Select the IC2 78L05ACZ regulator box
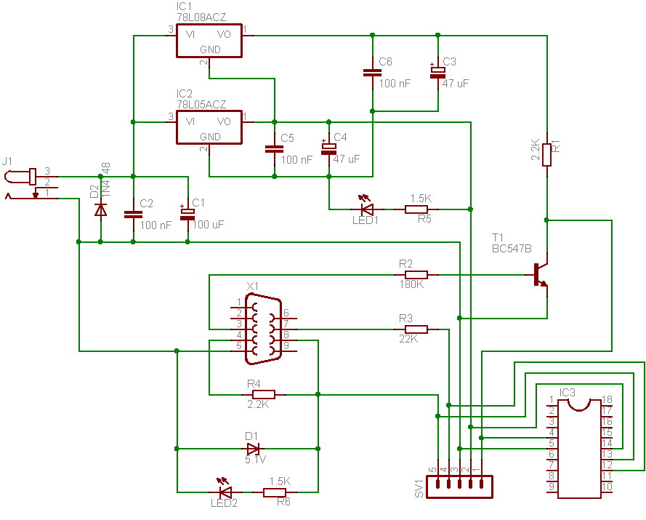209,129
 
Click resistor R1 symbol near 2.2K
546,153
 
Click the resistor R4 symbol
263,395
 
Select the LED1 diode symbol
367,209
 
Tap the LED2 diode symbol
225,492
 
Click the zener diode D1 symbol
253,449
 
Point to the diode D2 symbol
100,209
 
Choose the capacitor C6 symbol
372,72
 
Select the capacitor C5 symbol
274,148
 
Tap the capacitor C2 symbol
133,215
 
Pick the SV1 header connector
459,487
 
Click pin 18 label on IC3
607,399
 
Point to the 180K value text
411,285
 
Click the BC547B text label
512,249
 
